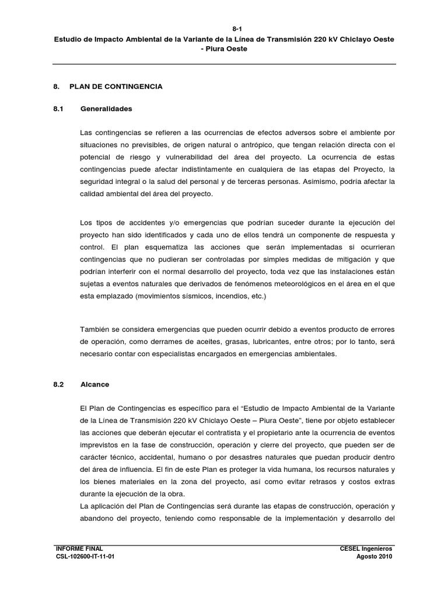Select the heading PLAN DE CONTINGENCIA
point(116,87)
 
